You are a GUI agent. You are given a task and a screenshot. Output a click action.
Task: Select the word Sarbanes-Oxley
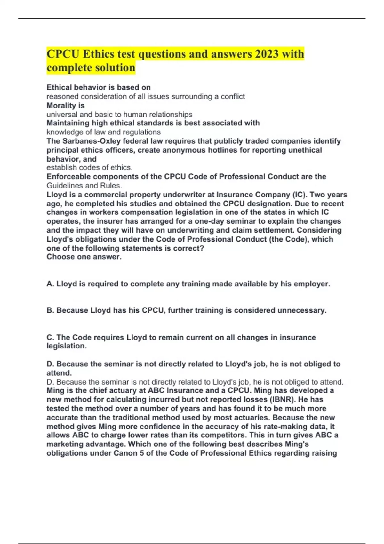89,141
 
